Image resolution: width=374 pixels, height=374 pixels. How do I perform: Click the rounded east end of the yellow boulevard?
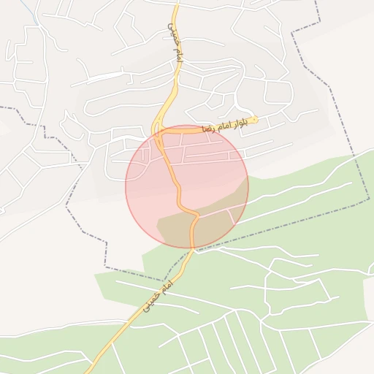point(255,119)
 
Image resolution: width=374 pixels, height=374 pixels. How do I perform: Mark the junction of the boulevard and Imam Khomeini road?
point(156,132)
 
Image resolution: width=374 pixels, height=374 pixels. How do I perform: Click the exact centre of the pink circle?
point(187,187)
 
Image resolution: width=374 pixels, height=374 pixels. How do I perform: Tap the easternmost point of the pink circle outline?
point(248,187)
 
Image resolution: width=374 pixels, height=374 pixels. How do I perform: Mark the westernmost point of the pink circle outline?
point(126,187)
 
